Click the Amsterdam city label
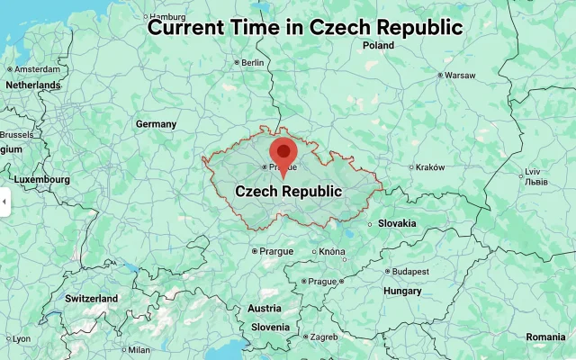pyautogui.click(x=37, y=68)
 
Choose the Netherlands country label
pyautogui.click(x=32, y=85)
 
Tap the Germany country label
pyautogui.click(x=156, y=123)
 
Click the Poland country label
pyautogui.click(x=379, y=45)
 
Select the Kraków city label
pyautogui.click(x=430, y=166)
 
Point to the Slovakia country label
pyautogui.click(x=397, y=223)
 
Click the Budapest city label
pyautogui.click(x=410, y=271)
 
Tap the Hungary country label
pyautogui.click(x=401, y=291)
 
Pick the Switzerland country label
pyautogui.click(x=91, y=298)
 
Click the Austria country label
pyautogui.click(x=264, y=309)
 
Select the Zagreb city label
pyautogui.click(x=323, y=337)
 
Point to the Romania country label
pyautogui.click(x=546, y=336)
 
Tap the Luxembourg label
pyautogui.click(x=42, y=180)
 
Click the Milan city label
pyautogui.click(x=139, y=350)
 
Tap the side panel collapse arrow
pyautogui.click(x=4, y=201)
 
